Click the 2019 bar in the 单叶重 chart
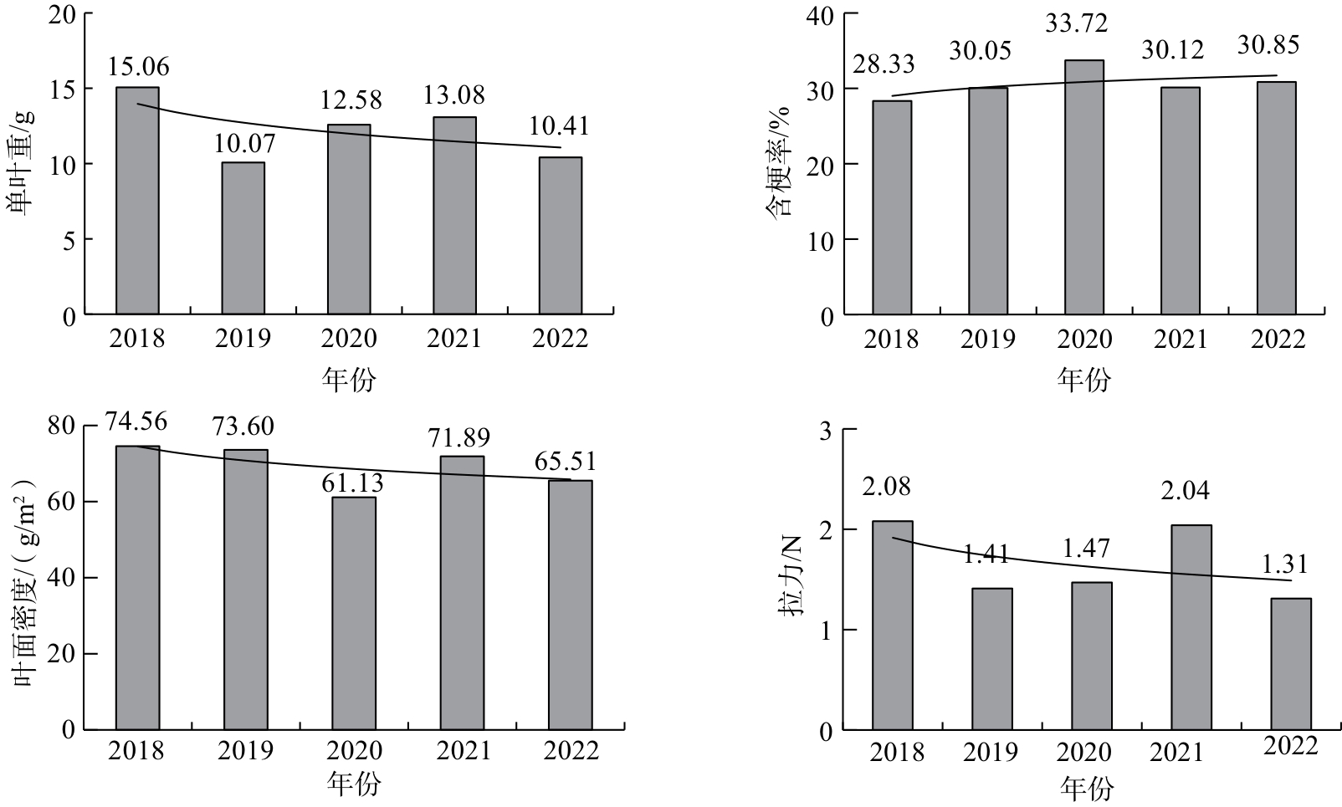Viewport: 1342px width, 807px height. [243, 238]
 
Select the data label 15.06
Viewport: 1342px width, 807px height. [138, 66]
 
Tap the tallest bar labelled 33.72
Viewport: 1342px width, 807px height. [1083, 186]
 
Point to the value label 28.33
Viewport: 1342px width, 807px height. [884, 64]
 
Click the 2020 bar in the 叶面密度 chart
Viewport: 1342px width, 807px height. [354, 613]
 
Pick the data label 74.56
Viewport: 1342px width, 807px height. [136, 421]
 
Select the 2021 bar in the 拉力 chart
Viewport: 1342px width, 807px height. [1191, 627]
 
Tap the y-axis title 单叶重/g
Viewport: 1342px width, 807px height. [20, 163]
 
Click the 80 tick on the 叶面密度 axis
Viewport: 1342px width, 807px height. [61, 426]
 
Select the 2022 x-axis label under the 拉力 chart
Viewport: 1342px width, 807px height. [1291, 746]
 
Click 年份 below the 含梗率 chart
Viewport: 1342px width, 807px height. [1083, 379]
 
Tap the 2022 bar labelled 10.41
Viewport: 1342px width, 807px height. [561, 236]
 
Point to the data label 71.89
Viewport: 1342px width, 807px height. [459, 438]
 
